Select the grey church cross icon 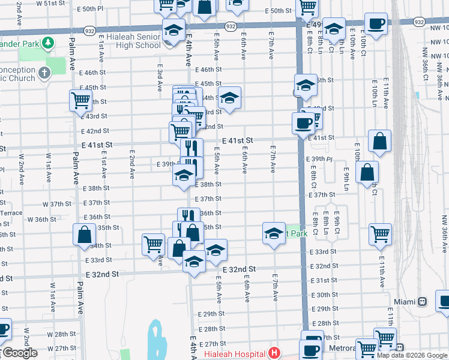(x=43, y=74)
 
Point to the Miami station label (x=405, y=301)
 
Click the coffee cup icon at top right (x=376, y=25)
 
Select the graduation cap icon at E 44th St (x=229, y=97)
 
